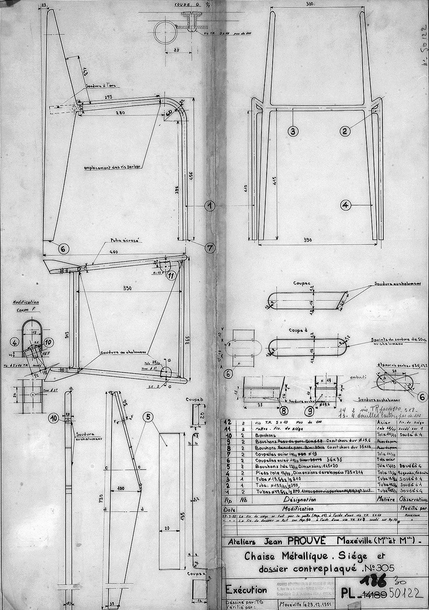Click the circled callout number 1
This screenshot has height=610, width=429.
[x=209, y=206]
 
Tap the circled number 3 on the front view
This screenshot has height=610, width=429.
[x=293, y=132]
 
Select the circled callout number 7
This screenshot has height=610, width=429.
[x=209, y=248]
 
